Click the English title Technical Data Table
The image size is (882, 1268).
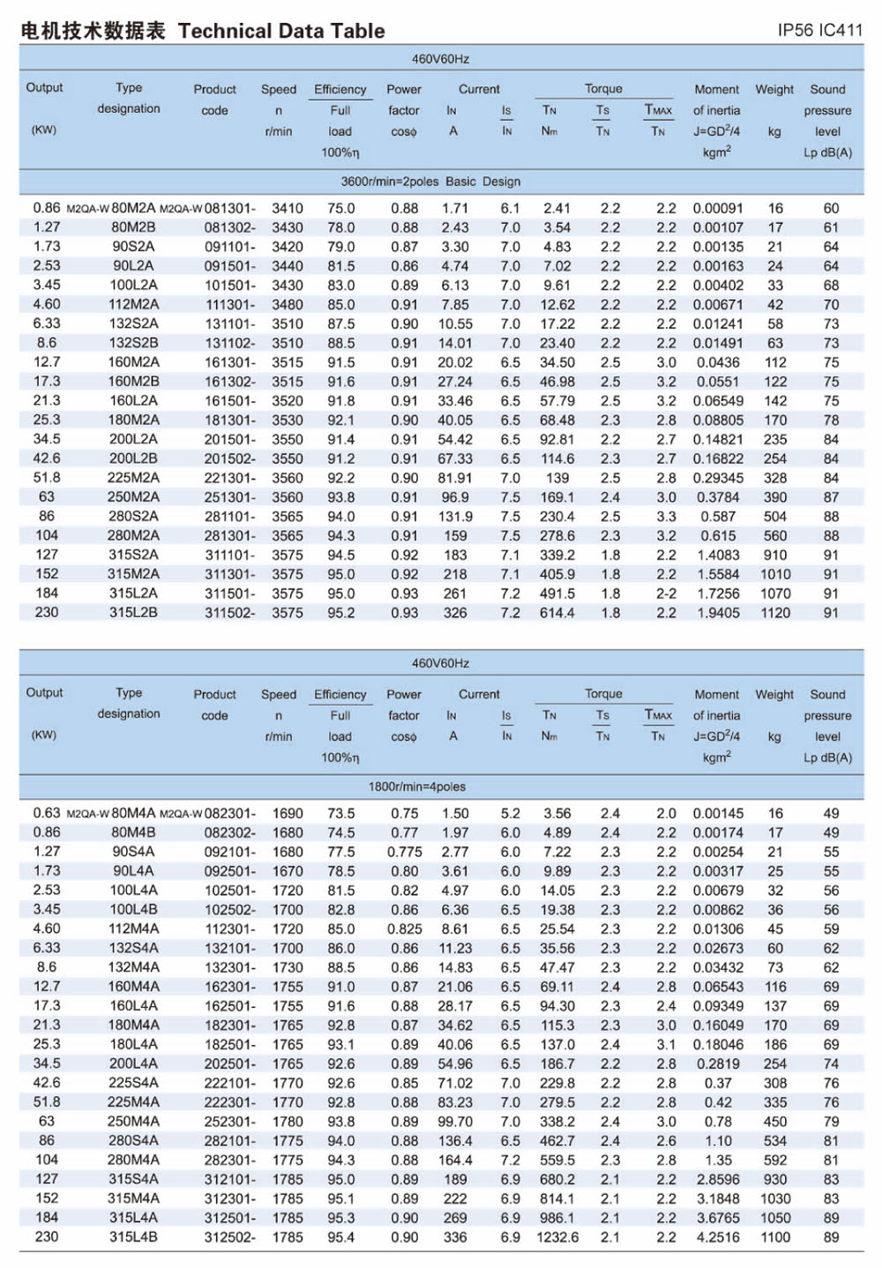coord(281,31)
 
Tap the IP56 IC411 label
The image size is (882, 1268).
coord(819,30)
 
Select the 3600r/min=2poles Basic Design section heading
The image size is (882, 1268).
coord(430,182)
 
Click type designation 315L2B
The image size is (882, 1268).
coord(133,612)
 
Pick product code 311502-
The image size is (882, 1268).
coord(229,613)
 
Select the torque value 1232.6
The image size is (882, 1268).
coord(557,1237)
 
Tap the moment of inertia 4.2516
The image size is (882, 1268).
coord(718,1237)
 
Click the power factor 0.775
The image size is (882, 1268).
coord(404,852)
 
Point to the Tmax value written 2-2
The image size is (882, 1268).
coord(666,593)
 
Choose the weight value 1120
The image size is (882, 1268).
coord(775,613)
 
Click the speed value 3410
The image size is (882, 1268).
coord(287,209)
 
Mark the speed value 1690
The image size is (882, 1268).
coord(287,814)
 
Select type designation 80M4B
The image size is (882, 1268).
coord(133,832)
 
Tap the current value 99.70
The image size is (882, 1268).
coord(455,1122)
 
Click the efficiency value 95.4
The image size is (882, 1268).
coord(340,1237)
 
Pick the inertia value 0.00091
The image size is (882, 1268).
coord(717,209)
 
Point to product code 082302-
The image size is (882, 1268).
coord(229,833)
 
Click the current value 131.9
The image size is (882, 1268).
coord(455,517)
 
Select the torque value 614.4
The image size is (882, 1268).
coord(557,613)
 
